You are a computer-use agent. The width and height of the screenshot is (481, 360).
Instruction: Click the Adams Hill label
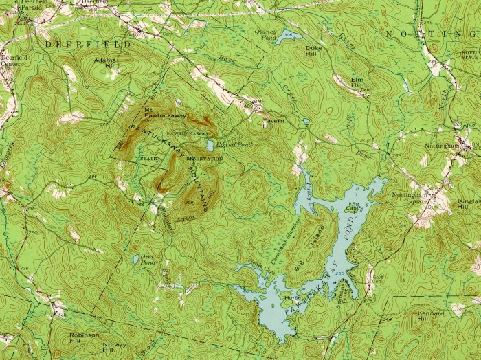105,63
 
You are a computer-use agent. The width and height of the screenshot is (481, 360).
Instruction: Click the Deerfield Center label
14,58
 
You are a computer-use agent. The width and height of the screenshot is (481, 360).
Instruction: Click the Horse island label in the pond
293,297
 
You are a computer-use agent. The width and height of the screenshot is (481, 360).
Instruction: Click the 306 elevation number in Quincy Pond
287,34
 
